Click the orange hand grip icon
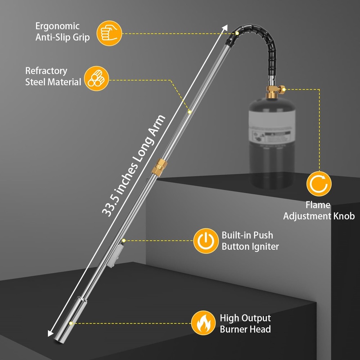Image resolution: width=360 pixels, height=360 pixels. [110, 33]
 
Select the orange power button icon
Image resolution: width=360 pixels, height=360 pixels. [206, 241]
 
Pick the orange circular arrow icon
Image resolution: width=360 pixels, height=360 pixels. [319, 184]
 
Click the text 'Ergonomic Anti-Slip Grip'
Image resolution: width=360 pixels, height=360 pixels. [62, 32]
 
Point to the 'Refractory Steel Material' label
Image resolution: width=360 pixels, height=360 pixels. [53, 76]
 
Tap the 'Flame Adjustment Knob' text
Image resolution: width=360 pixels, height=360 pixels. [319, 211]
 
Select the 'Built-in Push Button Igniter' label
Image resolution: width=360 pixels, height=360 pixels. [250, 241]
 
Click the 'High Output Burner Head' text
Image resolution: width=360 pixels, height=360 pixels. [245, 323]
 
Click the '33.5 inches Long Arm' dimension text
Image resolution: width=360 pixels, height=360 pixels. [134, 166]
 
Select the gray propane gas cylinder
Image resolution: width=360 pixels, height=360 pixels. [272, 144]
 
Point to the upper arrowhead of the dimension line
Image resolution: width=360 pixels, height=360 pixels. [226, 27]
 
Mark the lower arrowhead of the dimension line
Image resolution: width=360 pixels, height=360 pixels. [50, 334]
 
